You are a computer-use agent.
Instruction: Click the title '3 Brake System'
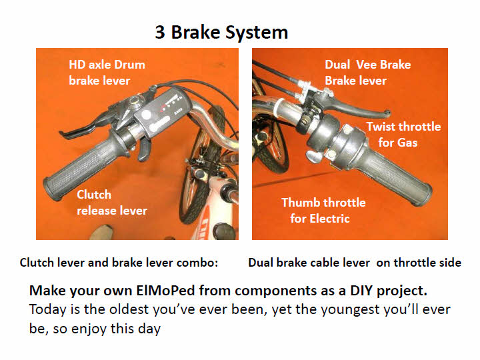(221, 33)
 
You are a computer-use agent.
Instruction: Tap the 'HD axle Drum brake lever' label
(107, 73)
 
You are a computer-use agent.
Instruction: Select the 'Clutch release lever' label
(112, 203)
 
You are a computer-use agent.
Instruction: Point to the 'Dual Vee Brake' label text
(367, 65)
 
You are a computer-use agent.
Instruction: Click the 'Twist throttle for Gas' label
(403, 135)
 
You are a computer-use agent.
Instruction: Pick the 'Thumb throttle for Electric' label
(323, 211)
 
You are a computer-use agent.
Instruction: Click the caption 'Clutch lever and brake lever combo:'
(119, 263)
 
